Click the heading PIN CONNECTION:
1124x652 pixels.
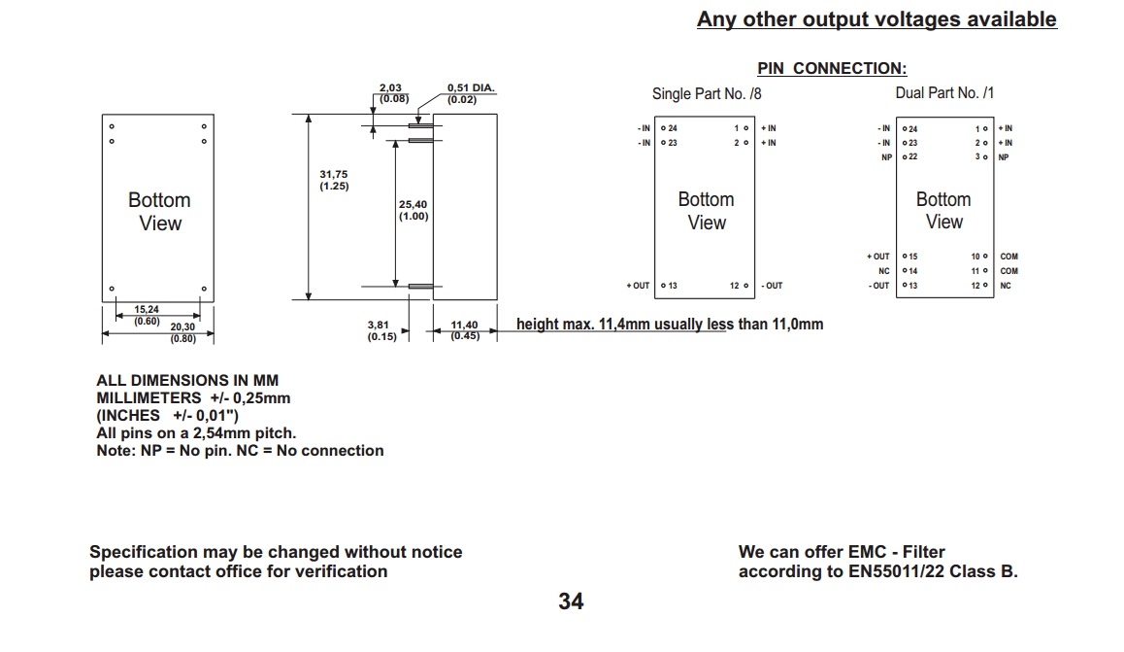pyautogui.click(x=832, y=68)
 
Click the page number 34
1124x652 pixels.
pyautogui.click(x=571, y=601)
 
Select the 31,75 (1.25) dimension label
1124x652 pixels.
pyautogui.click(x=334, y=180)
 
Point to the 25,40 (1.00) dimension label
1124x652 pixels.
pyautogui.click(x=413, y=210)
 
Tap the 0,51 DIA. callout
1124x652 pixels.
pyautogui.click(x=470, y=93)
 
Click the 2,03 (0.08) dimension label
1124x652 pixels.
pyautogui.click(x=393, y=93)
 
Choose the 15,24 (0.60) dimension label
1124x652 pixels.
pyautogui.click(x=147, y=315)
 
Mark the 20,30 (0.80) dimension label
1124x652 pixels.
pyautogui.click(x=182, y=333)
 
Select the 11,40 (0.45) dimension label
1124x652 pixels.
pyautogui.click(x=464, y=331)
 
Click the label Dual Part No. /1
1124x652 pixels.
pyautogui.click(x=944, y=93)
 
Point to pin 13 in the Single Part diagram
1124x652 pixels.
pyautogui.click(x=669, y=286)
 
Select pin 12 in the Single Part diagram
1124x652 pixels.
pyautogui.click(x=741, y=286)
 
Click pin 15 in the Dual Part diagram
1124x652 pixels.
pyautogui.click(x=909, y=257)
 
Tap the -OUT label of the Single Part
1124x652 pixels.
pyautogui.click(x=772, y=286)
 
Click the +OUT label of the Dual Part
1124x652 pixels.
pyautogui.click(x=877, y=257)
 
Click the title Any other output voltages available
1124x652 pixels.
pyautogui.click(x=876, y=19)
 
